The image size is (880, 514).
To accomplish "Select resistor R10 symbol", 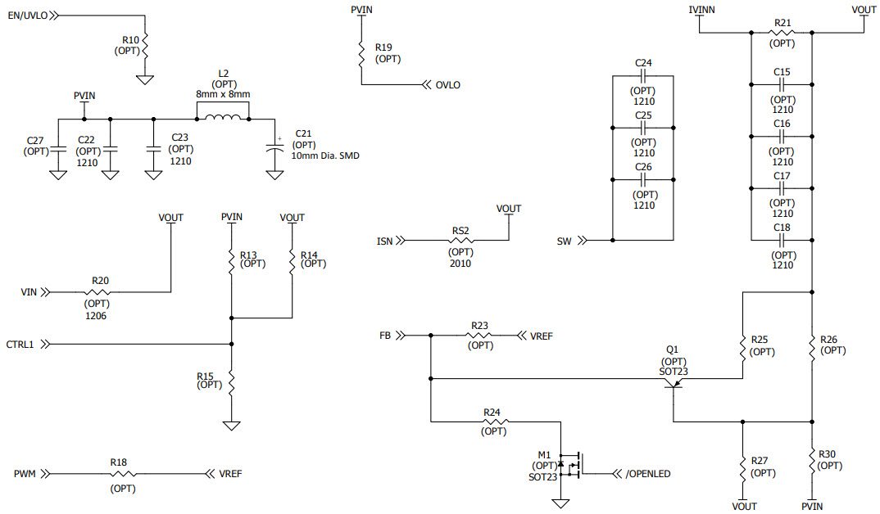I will point(145,47).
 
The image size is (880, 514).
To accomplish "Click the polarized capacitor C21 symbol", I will point(273,152).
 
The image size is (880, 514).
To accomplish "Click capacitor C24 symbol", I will point(643,76).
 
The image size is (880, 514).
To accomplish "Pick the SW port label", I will point(564,241).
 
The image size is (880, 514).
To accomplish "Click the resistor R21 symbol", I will point(782,33).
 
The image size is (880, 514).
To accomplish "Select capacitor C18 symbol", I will point(782,240).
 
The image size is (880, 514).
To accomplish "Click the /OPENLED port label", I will point(649,473).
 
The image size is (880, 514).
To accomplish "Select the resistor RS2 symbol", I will point(461,241).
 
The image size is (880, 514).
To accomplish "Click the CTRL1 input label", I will point(21,344).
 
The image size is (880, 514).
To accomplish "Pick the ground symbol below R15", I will point(232,426).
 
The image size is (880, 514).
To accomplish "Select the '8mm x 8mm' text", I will point(223,95).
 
